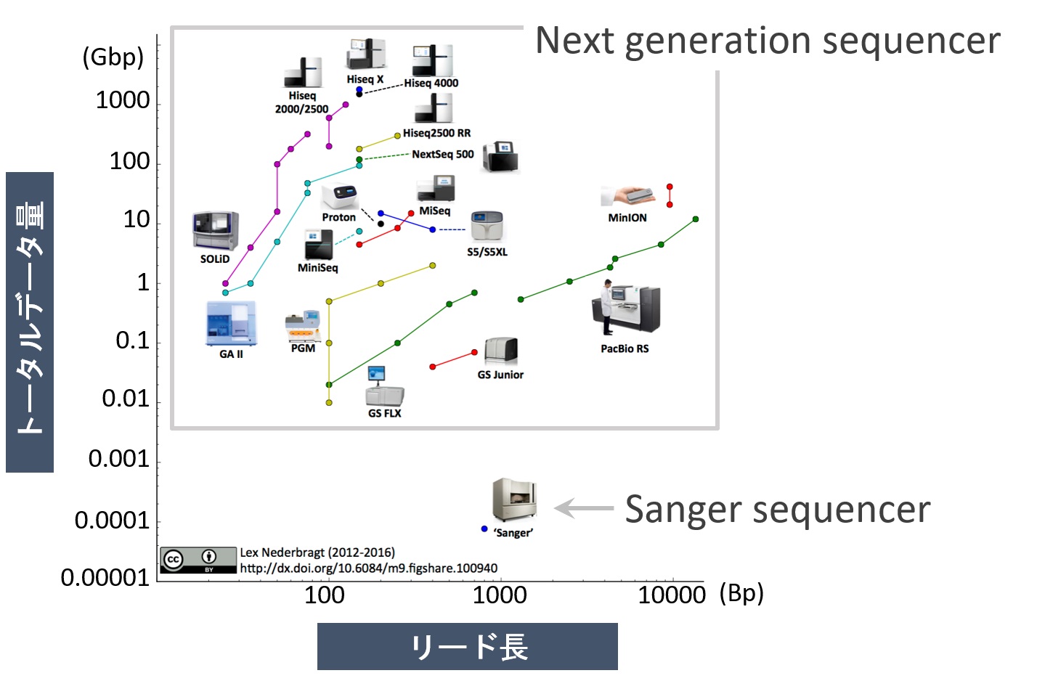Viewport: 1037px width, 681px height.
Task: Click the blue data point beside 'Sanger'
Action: pyautogui.click(x=484, y=529)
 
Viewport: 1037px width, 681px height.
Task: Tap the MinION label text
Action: pyautogui.click(x=627, y=218)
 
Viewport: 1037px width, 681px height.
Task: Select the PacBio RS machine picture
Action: pyautogui.click(x=626, y=308)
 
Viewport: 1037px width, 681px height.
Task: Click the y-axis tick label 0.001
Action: pyautogui.click(x=119, y=459)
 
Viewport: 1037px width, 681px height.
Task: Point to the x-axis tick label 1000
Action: pyautogui.click(x=500, y=595)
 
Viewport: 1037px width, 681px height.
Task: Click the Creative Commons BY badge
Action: pyautogui.click(x=198, y=560)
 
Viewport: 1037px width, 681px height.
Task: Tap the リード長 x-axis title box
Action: pyautogui.click(x=468, y=646)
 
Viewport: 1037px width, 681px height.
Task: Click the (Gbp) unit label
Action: pyautogui.click(x=113, y=58)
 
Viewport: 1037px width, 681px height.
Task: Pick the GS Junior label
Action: pyautogui.click(x=500, y=375)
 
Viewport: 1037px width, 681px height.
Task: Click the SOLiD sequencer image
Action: pyautogui.click(x=216, y=232)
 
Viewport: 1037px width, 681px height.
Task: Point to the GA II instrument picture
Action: pyautogui.click(x=231, y=323)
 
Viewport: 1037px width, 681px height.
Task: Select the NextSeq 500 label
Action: pyautogui.click(x=443, y=154)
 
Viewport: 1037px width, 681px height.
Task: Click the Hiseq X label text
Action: pyautogui.click(x=365, y=79)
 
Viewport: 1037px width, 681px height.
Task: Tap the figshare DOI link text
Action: pyautogui.click(x=368, y=568)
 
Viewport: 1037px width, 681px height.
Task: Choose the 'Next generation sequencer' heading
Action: pyautogui.click(x=768, y=41)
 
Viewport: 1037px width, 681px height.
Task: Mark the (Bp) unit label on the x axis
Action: pyautogui.click(x=741, y=593)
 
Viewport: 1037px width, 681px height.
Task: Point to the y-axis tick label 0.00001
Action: pyautogui.click(x=105, y=578)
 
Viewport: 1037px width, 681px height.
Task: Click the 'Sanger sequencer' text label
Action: pyautogui.click(x=778, y=509)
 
